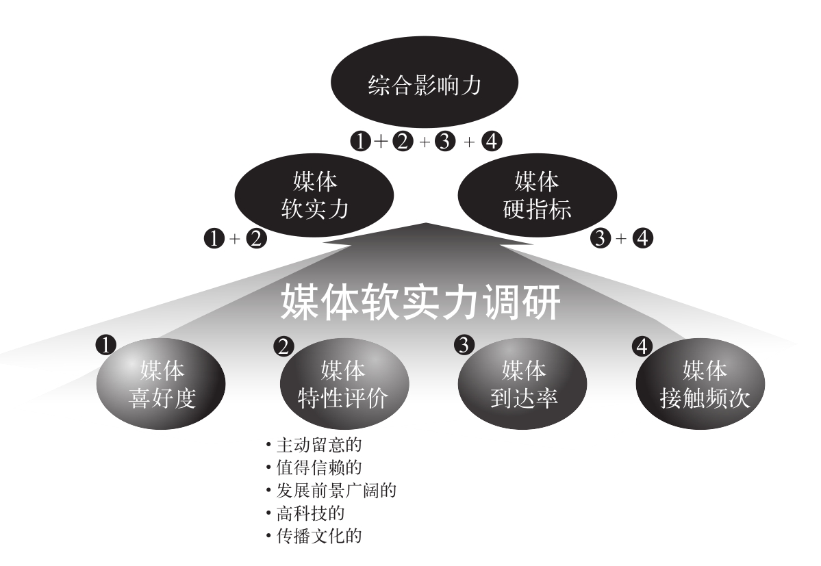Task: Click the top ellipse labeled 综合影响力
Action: (x=425, y=87)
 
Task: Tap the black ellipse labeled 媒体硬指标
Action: (x=537, y=196)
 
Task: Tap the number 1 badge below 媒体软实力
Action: (x=214, y=240)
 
